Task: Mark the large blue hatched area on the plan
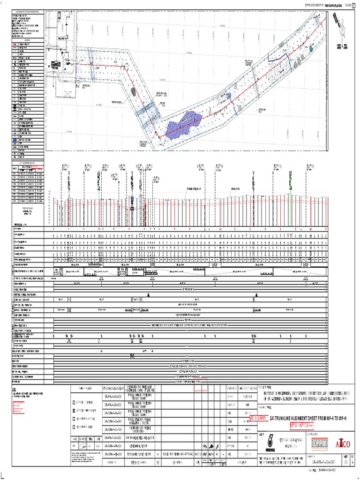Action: coord(187,124)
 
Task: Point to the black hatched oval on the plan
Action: coord(134,91)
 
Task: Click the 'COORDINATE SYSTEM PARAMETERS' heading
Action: coord(27,12)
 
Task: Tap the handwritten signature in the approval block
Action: coord(212,446)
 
